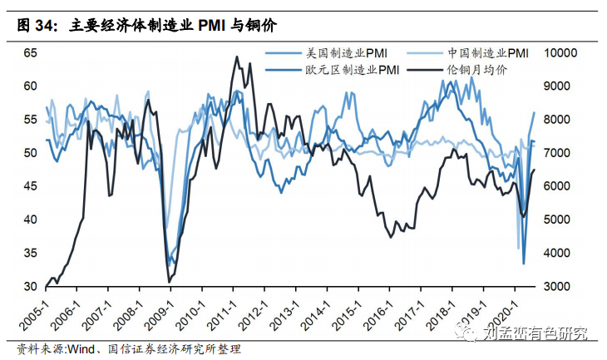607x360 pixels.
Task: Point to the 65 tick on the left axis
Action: [x=30, y=52]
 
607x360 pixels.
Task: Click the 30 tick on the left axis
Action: [x=30, y=286]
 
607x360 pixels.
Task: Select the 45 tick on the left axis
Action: [x=30, y=186]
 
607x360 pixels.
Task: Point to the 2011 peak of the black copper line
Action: [x=237, y=57]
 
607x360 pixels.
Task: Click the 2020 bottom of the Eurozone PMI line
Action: [x=524, y=264]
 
